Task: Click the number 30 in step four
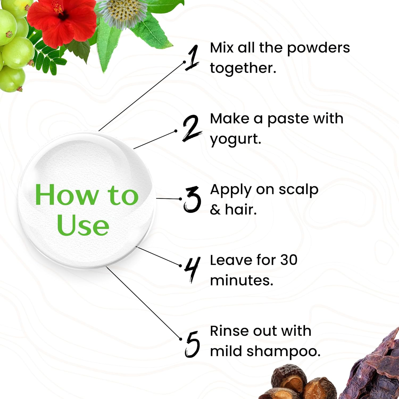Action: [x=289, y=260]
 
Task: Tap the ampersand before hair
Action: [x=215, y=210]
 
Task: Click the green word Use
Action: [x=83, y=226]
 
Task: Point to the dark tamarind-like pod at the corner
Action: [x=378, y=370]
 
